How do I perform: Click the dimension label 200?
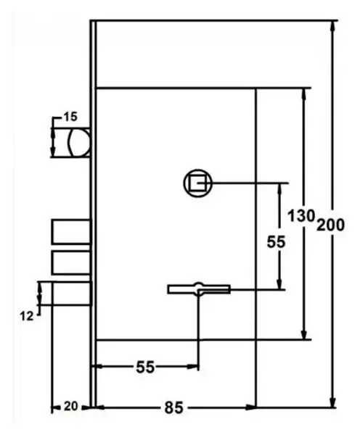(330, 225)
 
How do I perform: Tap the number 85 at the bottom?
(174, 407)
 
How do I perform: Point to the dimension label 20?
(71, 407)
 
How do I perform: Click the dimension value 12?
(27, 316)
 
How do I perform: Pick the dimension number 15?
(70, 117)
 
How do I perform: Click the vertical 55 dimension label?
(276, 242)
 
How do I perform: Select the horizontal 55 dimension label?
(145, 367)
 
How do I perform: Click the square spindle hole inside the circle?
(197, 183)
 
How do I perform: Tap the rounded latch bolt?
(79, 143)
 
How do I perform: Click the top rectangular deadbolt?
(71, 232)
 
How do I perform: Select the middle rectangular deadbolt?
(71, 262)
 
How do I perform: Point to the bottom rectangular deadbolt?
(72, 294)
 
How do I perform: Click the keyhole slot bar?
(199, 289)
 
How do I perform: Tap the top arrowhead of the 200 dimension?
(332, 25)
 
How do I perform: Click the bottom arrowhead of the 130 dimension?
(305, 334)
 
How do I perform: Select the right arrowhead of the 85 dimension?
(252, 407)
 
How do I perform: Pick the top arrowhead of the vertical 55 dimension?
(280, 188)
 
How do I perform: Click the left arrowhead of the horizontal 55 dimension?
(97, 366)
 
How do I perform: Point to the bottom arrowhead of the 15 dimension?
(53, 152)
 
